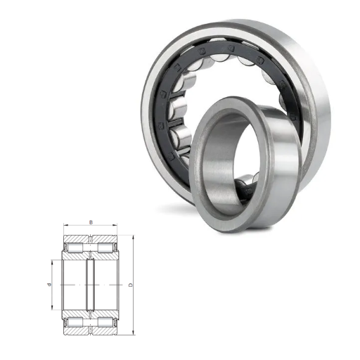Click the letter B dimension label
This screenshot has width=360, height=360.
pyautogui.click(x=91, y=222)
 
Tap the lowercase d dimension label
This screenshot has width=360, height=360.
pyautogui.click(x=49, y=285)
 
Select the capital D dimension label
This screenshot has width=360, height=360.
pyautogui.click(x=131, y=285)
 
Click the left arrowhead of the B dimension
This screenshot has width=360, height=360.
pyautogui.click(x=65, y=226)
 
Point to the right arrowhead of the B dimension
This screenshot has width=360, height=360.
pyautogui.click(x=115, y=226)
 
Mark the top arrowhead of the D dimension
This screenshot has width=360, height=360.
pyautogui.click(x=134, y=238)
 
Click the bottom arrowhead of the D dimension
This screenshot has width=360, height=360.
pyautogui.click(x=134, y=333)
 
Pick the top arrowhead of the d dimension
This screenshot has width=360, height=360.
pyautogui.click(x=52, y=262)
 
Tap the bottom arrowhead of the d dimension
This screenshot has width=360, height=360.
pyautogui.click(x=52, y=307)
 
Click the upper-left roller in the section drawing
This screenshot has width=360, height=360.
pyautogui.click(x=75, y=248)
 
